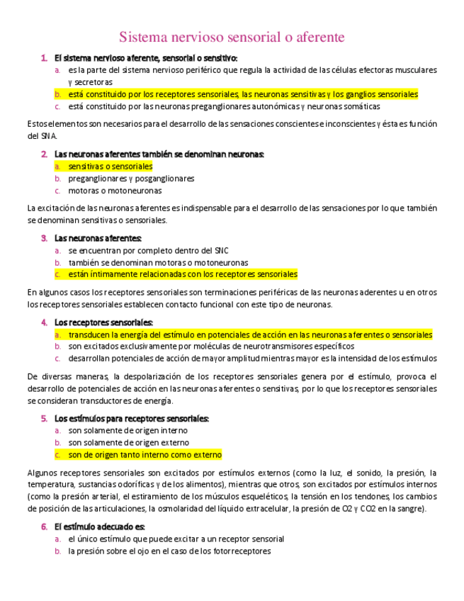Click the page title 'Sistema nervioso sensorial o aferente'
232,37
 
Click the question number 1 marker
44,58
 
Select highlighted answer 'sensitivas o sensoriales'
110,167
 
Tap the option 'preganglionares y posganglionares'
131,179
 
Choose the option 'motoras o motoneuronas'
115,191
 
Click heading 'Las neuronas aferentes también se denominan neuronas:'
159,154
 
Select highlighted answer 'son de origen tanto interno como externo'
145,455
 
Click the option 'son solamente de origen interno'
128,430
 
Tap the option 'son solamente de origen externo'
128,443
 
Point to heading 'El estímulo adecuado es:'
99,527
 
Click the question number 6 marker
44,527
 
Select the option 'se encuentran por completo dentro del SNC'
148,250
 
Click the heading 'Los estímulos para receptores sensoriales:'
132,418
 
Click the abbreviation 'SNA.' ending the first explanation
37,136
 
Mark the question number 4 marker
44,322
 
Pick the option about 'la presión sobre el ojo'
169,551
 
